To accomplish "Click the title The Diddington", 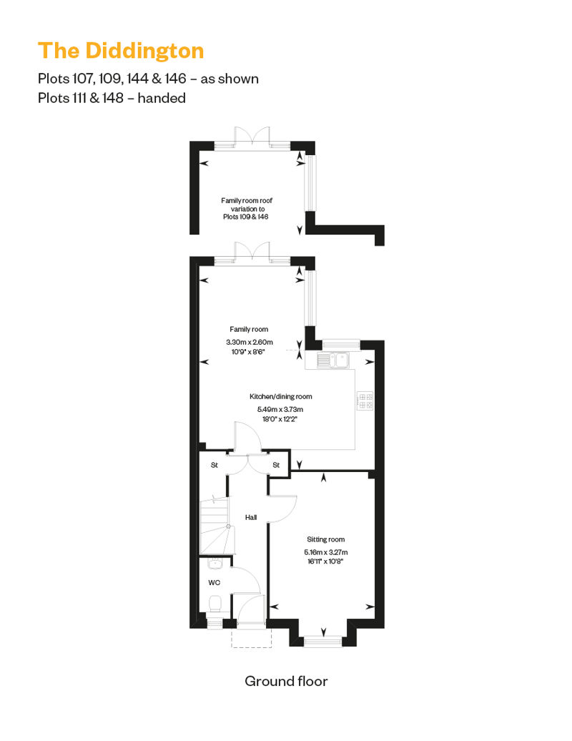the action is tap(121, 51).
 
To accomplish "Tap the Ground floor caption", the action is tap(286, 681).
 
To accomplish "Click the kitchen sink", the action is tap(333, 360).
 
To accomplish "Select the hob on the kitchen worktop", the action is tap(365, 401).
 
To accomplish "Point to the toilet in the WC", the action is tap(215, 604).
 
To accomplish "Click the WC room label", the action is tap(214, 583).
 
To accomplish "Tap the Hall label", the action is tap(251, 517).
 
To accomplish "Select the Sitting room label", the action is tap(325, 539).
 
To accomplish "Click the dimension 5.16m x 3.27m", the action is tap(326, 552).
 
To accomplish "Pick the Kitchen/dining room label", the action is tap(280, 396).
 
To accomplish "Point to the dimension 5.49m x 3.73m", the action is tap(280, 409).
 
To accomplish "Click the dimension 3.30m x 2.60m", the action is tap(249, 342).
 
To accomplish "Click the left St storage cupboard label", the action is tap(214, 465).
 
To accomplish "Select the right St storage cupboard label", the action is tap(276, 465).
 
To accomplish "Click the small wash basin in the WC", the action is tap(214, 564).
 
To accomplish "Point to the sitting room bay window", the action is tap(322, 641).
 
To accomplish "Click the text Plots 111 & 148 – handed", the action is tap(112, 98).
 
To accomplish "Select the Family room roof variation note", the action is tap(247, 208).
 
